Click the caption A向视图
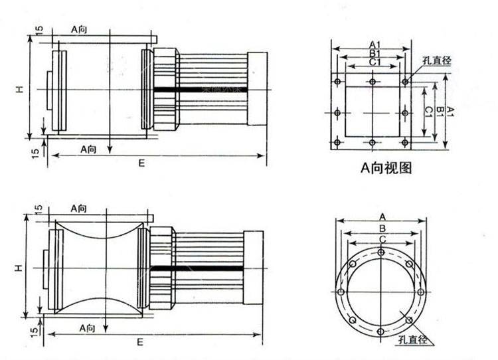[386, 169]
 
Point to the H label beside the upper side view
[21, 88]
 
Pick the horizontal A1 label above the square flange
[373, 45]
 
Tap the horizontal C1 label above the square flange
[374, 62]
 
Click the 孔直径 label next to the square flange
[436, 60]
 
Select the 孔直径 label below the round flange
[413, 341]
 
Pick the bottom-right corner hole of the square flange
[406, 142]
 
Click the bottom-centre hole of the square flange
[373, 142]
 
